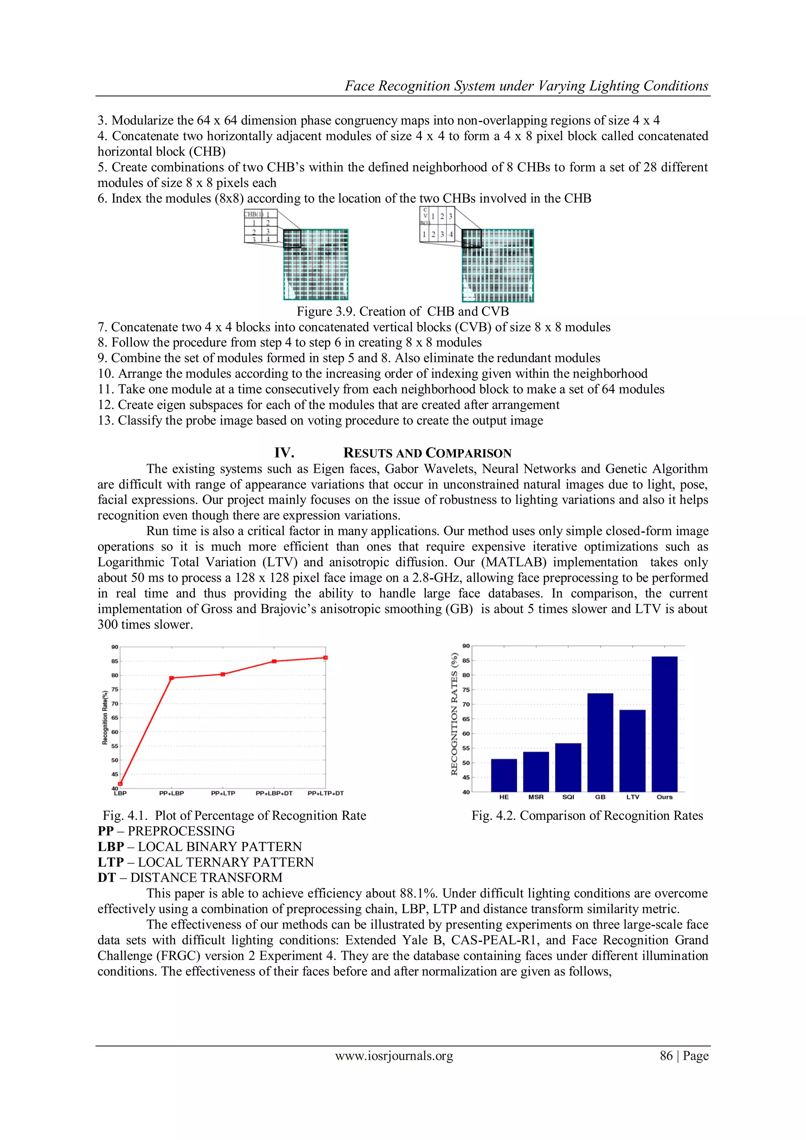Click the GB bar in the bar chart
click(600, 742)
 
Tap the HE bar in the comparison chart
click(504, 775)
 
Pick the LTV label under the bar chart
click(632, 797)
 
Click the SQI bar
click(568, 767)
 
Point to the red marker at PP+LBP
click(171, 678)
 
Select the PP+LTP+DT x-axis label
click(325, 793)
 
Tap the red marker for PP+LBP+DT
click(274, 661)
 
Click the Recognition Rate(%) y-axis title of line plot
click(105, 718)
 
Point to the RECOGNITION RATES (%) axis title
click(454, 714)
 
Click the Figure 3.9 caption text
click(403, 311)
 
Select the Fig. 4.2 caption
click(587, 816)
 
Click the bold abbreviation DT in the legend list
click(106, 877)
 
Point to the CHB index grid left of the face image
click(261, 226)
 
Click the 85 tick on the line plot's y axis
click(115, 661)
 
